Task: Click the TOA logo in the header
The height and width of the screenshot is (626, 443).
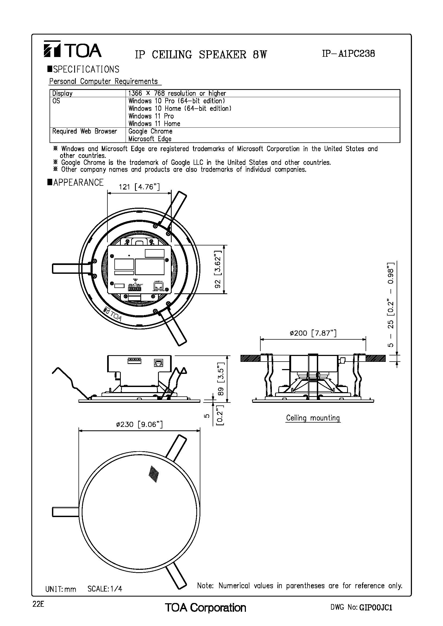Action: coord(72,49)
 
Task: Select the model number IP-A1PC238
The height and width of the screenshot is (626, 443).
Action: coord(348,54)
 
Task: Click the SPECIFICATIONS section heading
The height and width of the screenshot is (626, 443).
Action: coord(84,69)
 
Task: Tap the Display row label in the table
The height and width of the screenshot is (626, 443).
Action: coord(62,93)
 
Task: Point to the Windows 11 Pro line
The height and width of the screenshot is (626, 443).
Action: coord(151,116)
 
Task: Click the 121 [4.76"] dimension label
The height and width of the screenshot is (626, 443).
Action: coord(139,187)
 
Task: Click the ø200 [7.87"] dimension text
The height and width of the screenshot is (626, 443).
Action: coord(313,333)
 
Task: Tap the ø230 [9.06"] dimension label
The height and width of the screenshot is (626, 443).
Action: coord(139,424)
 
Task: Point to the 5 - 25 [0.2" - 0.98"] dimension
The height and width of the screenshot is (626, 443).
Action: coord(391,304)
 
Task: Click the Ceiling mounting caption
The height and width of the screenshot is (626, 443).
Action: coord(313,418)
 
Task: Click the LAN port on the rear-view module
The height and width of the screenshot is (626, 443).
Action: coord(159,286)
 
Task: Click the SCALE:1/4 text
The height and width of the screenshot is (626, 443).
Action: coord(105,589)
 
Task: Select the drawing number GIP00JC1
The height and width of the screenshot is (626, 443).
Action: coord(376,608)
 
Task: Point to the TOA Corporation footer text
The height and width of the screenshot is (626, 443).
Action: coord(205,608)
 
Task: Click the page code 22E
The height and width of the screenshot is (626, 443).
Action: coord(38,604)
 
